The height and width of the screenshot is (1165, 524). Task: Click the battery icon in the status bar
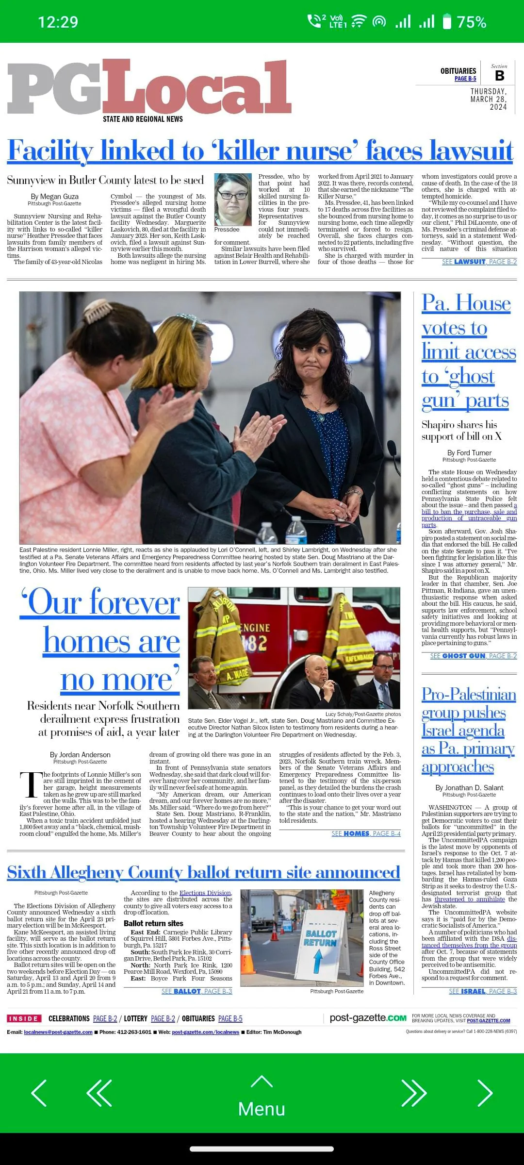point(447,22)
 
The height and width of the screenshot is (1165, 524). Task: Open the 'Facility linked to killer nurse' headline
point(260,150)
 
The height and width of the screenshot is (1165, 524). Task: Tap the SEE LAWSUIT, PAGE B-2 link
point(479,262)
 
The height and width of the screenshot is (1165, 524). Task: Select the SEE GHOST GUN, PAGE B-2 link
point(473,656)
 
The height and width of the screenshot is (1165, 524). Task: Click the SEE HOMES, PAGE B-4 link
point(366,833)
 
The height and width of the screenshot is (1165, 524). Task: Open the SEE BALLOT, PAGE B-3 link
point(196,991)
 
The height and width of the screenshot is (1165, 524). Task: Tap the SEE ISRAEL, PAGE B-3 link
point(482,991)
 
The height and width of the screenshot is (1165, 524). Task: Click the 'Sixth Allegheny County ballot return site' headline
point(203,872)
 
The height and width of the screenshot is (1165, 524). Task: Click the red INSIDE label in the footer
point(24,1018)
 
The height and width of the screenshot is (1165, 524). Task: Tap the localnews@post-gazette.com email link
point(58,1032)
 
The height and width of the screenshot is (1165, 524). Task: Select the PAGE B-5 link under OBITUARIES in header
point(465,79)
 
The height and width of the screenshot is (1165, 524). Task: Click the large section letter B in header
point(499,76)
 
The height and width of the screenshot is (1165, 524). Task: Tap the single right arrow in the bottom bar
point(485,1093)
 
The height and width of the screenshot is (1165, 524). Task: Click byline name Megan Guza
point(54,197)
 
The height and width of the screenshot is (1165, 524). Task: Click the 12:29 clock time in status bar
point(58,22)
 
